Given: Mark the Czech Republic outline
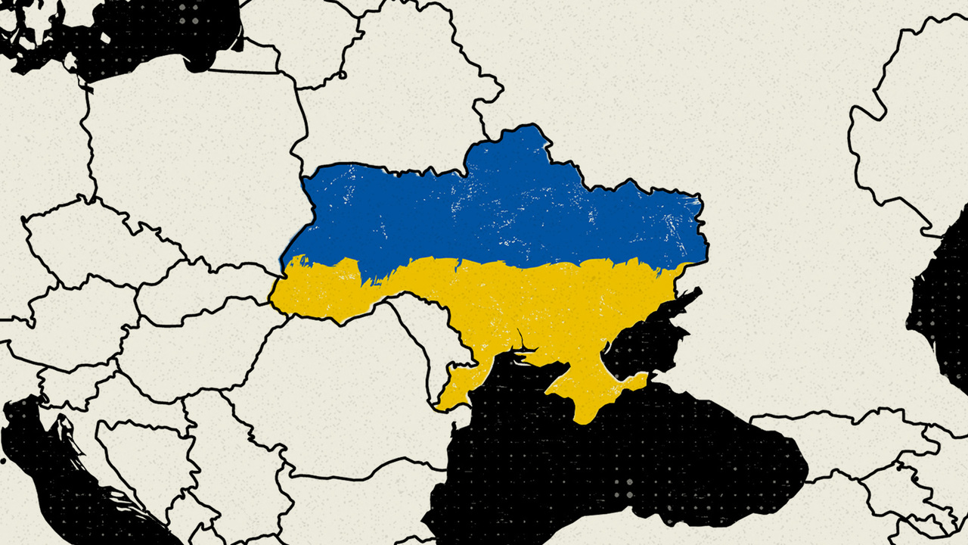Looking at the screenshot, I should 98,242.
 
